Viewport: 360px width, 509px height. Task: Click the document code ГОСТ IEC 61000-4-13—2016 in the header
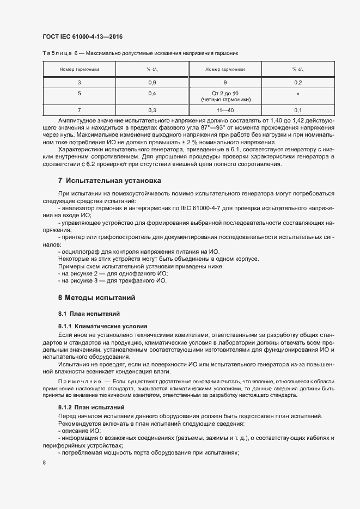point(82,37)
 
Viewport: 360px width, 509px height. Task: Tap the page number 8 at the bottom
point(44,462)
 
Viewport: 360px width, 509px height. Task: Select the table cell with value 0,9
point(152,82)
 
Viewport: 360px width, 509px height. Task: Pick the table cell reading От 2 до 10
point(225,93)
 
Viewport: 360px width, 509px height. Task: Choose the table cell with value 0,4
point(152,93)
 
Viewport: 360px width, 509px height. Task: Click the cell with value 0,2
point(298,82)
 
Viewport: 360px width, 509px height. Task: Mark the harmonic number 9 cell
point(225,82)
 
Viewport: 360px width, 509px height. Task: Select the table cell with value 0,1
point(298,109)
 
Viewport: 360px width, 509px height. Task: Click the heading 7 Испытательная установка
point(109,180)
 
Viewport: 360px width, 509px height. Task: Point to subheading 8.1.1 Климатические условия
point(98,326)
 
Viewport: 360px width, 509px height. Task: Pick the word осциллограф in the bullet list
point(81,252)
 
